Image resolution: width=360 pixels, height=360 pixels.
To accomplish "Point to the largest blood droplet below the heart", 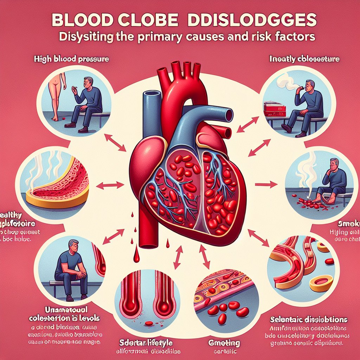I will coord(136,258).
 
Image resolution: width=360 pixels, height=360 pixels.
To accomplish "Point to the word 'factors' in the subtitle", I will coord(296,36).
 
